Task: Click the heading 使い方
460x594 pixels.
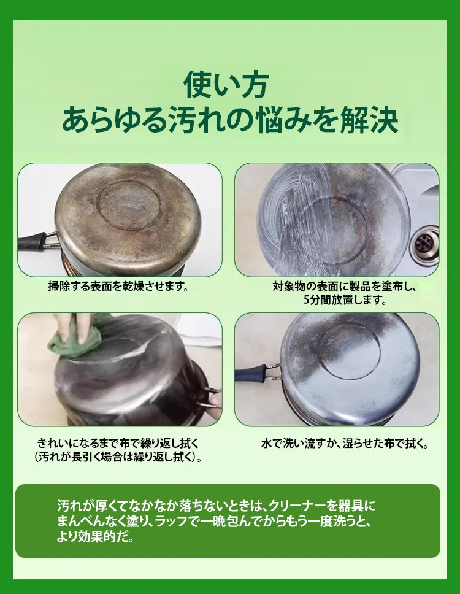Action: (x=226, y=85)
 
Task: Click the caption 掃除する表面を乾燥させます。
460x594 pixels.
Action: (x=118, y=286)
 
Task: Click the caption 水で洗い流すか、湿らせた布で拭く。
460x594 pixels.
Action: (x=345, y=444)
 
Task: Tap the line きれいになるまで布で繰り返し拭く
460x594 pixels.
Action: (x=118, y=443)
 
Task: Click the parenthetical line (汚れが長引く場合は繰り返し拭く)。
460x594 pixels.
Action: (x=118, y=457)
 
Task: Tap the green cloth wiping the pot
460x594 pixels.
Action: (x=75, y=337)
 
